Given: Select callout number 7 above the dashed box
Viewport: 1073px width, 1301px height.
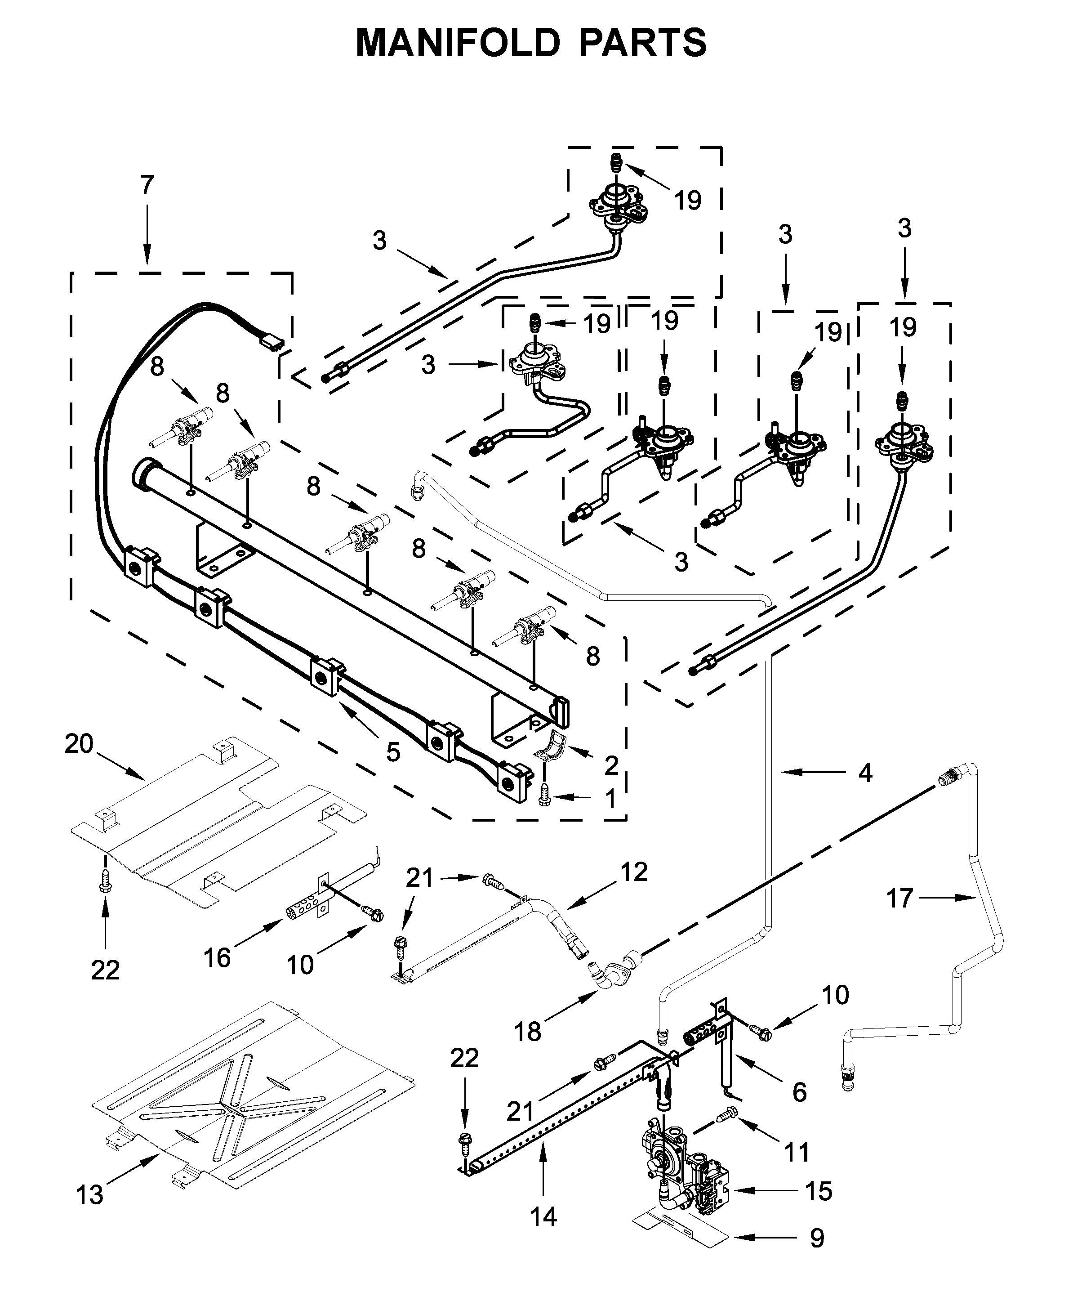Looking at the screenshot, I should point(147,185).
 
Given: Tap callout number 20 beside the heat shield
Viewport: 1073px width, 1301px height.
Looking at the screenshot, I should point(79,743).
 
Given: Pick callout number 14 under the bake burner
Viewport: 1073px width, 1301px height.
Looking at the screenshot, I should point(543,1216).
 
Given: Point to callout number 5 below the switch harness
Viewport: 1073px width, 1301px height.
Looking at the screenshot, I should point(393,752).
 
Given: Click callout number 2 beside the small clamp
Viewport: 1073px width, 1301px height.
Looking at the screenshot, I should point(610,765).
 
